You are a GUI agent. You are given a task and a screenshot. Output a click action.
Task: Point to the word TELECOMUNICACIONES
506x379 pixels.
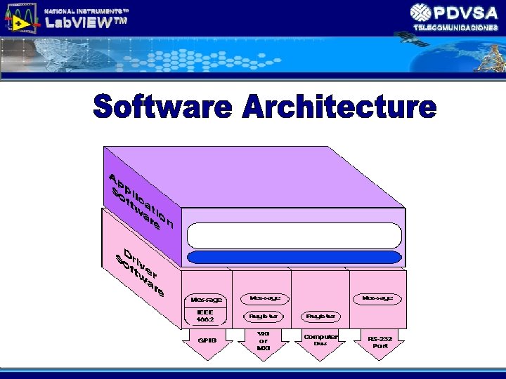455,27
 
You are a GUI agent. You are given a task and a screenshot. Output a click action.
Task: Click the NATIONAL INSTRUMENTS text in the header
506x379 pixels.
86,9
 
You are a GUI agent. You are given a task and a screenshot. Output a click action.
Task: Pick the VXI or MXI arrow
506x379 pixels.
264,343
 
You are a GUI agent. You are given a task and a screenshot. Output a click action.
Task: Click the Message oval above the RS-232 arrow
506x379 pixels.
377,298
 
